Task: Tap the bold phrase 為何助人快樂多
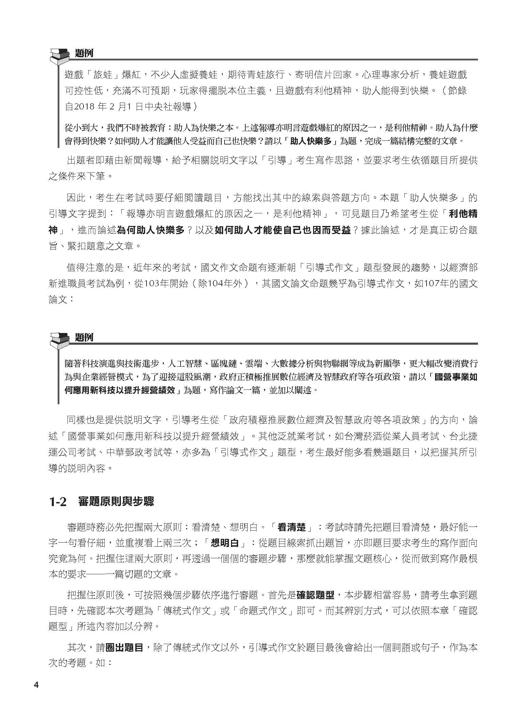pos(151,230)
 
